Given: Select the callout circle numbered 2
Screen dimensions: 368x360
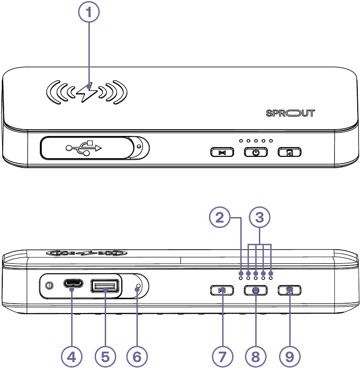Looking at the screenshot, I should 220,218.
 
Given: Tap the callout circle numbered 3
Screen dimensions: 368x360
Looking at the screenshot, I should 259,218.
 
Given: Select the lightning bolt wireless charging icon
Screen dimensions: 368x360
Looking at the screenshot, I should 87,92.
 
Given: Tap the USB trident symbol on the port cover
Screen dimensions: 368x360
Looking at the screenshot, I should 84,147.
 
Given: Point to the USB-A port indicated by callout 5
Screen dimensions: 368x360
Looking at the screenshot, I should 105,286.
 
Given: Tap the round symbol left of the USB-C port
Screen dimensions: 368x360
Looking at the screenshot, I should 49,286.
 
